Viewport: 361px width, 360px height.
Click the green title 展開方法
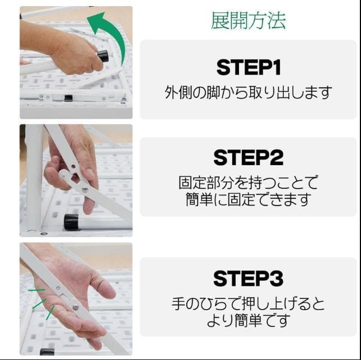tap(248, 20)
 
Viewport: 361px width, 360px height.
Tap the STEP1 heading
tap(248, 67)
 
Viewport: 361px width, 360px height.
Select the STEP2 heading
tap(248, 157)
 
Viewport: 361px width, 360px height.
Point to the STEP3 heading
tap(248, 278)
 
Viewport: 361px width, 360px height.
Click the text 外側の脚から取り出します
tap(248, 92)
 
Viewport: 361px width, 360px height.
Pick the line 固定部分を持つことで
tap(248, 183)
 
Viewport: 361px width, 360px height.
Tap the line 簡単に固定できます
tap(248, 199)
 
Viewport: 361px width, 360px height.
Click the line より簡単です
tap(248, 321)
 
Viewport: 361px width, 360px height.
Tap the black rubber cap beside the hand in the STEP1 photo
tap(102, 56)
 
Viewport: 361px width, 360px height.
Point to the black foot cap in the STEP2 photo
tap(71, 222)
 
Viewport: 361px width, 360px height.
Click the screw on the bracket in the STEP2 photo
tap(85, 189)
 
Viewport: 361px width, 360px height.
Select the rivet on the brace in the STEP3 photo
tap(75, 306)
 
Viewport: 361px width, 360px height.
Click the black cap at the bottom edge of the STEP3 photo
tap(47, 352)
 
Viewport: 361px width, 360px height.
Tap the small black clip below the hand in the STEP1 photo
tap(68, 98)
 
